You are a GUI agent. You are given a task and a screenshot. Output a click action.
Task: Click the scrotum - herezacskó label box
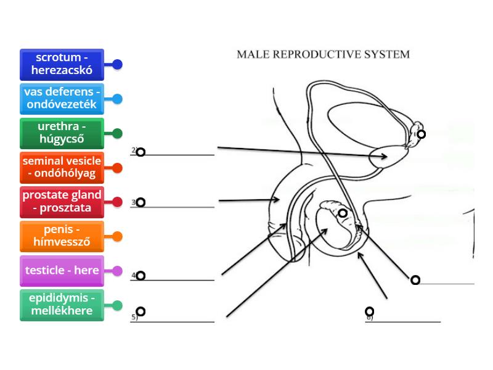(x=62, y=64)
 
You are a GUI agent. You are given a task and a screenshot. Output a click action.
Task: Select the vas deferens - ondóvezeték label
(x=62, y=99)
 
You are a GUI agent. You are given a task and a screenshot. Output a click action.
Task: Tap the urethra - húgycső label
(x=62, y=133)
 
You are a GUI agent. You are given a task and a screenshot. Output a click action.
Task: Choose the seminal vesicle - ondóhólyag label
(x=62, y=168)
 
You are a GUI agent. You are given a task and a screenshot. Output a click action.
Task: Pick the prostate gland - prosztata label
(x=62, y=202)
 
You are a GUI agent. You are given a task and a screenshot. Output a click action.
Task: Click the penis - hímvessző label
(x=62, y=236)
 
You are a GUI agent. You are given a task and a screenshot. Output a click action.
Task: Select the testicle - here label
(x=62, y=271)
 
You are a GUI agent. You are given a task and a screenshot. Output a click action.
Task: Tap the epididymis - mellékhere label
(x=62, y=305)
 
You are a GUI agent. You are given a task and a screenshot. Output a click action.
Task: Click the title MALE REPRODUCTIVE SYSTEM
(x=323, y=54)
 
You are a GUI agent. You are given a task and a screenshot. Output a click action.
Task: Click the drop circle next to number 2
(x=141, y=152)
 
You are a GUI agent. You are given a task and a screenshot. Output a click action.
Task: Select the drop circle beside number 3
(x=141, y=202)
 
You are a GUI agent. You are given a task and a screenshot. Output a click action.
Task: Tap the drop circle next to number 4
(x=141, y=276)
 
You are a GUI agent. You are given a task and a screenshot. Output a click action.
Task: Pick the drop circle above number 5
(x=141, y=311)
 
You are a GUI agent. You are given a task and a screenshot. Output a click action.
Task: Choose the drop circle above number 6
(x=369, y=311)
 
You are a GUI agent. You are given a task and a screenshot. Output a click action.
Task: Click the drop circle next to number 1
(x=422, y=134)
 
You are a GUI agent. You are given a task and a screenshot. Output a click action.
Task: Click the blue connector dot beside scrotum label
(x=117, y=64)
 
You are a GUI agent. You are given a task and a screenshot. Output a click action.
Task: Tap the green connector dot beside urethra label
(x=117, y=133)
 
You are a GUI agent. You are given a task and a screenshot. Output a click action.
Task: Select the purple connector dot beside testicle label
(x=117, y=271)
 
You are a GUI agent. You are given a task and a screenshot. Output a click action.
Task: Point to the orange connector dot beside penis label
(x=117, y=236)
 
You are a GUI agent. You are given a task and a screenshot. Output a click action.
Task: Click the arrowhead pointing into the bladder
(x=385, y=157)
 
